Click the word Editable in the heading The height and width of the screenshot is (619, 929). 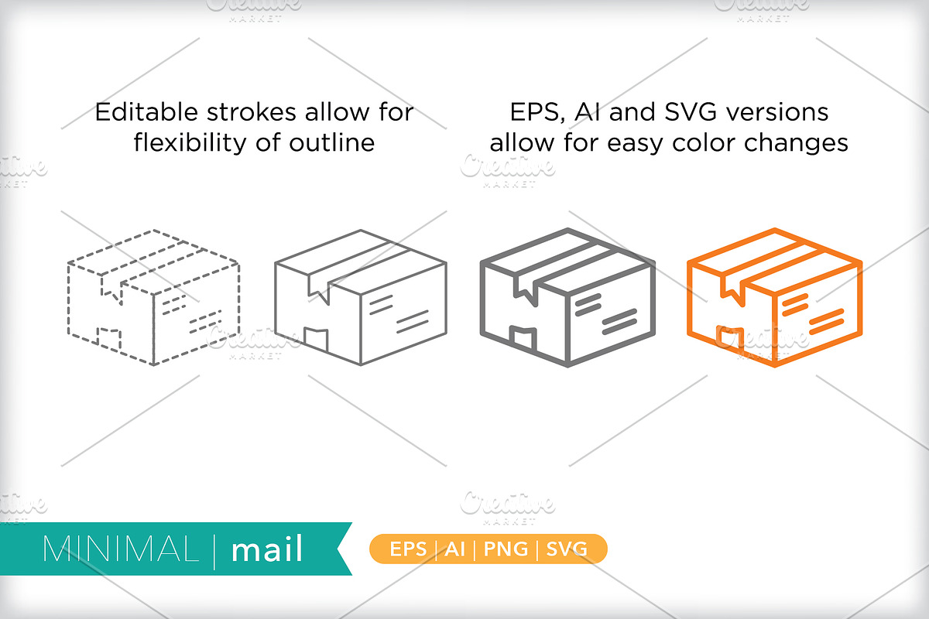tap(146, 112)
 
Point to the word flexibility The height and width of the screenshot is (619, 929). tap(190, 143)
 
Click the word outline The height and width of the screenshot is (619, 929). tap(332, 143)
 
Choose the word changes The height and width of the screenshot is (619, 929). tap(796, 144)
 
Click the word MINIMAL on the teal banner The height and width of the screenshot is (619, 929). tap(120, 549)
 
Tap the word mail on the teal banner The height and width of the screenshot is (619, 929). tap(266, 548)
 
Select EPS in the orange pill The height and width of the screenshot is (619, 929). tap(408, 549)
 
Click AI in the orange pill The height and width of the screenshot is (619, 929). tap(455, 549)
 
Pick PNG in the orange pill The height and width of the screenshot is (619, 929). tap(506, 549)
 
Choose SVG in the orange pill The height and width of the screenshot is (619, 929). tap(567, 549)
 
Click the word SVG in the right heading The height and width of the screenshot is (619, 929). tap(691, 112)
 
